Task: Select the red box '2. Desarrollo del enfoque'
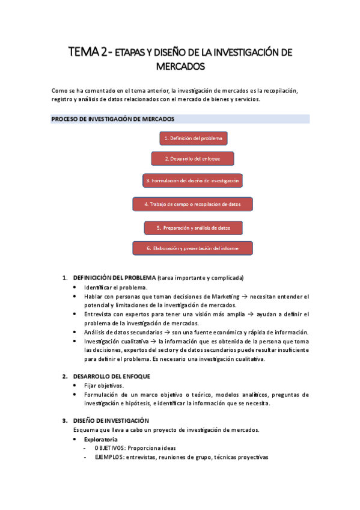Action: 192,159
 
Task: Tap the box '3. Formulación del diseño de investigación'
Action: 192,180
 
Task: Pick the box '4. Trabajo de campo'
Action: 192,204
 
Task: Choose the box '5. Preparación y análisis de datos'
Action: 193,228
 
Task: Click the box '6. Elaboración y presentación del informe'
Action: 192,248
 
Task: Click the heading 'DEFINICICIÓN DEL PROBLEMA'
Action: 114,278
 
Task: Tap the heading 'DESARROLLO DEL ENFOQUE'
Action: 107,376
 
